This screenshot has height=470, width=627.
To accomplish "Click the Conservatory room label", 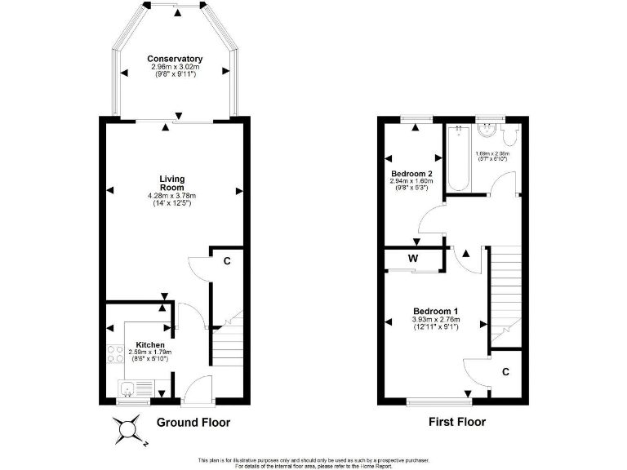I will coord(175,59).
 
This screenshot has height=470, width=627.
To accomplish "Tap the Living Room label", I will coord(171,184).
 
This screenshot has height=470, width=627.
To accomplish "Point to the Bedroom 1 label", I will coord(435,311).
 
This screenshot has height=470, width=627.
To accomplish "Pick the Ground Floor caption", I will coord(193,423).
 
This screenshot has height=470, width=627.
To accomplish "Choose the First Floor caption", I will coord(457,423).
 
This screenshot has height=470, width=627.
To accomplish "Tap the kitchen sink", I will coord(129,388).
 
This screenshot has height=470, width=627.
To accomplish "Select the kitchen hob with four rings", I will coord(114,355).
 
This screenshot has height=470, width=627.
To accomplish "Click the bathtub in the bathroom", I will coord(457,158).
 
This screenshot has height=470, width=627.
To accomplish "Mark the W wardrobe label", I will coord(414,259).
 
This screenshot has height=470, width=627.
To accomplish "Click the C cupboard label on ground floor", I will coord(228,261).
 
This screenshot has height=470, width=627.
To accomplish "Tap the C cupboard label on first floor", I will coord(506,371).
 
